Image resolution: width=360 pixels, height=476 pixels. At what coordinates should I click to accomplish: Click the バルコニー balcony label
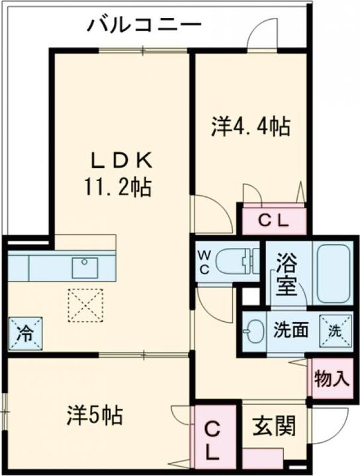144,24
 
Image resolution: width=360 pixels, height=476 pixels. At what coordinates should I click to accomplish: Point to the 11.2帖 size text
118,188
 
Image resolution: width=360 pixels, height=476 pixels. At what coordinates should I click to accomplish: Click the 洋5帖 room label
95,415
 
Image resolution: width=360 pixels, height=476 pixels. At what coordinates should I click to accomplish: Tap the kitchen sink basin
85,267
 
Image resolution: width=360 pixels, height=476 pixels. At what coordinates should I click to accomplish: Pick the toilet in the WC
238,260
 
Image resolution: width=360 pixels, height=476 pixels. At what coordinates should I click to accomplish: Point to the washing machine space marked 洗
336,331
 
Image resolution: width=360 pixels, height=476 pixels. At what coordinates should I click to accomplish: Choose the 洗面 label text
291,331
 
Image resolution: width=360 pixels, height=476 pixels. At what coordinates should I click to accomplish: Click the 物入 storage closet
331,378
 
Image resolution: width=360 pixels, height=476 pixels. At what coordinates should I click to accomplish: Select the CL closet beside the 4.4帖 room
273,221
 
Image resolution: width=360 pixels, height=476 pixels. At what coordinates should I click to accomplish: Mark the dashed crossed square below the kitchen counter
85,305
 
